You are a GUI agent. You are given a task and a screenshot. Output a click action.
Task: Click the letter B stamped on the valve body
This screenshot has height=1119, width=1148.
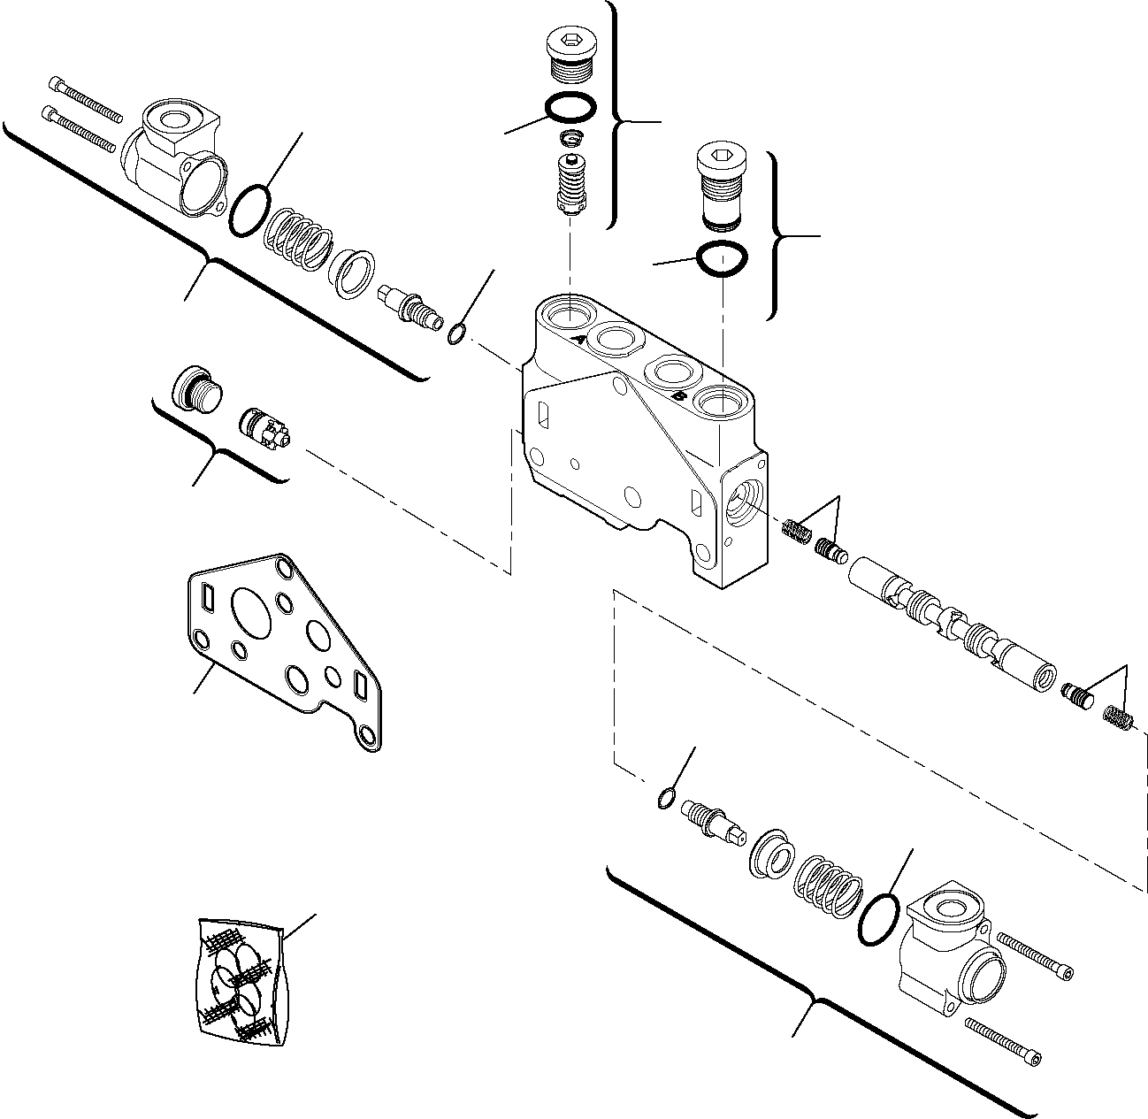(677, 398)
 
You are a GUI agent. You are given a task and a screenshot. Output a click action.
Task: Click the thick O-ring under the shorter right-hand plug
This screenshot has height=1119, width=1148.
(723, 258)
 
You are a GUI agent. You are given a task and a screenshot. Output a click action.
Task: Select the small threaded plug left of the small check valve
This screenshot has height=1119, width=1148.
(193, 387)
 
